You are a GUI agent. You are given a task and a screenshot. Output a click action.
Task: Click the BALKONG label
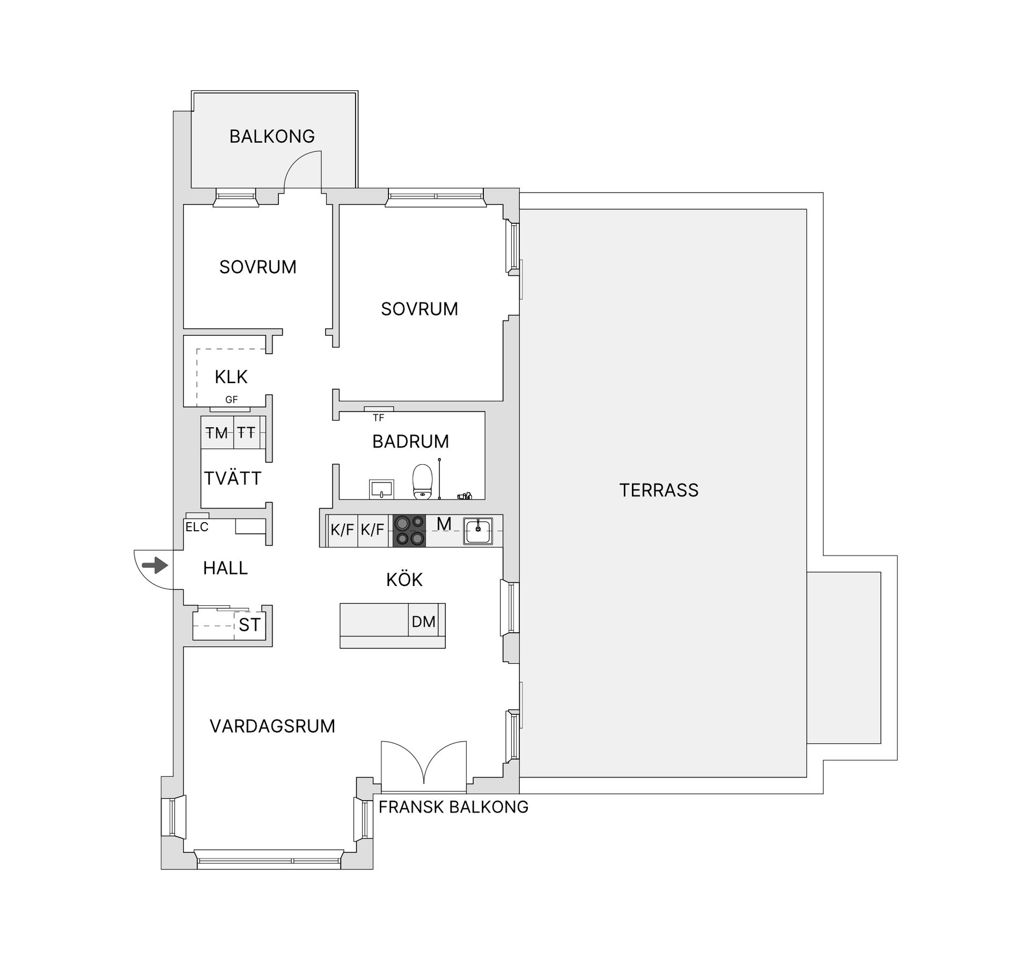(272, 136)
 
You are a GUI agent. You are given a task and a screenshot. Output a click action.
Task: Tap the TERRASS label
(659, 490)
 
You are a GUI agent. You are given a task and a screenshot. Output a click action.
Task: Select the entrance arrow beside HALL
(155, 565)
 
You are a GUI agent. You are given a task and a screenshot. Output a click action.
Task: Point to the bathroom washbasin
(381, 488)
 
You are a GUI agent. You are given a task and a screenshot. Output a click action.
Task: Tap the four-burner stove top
(409, 530)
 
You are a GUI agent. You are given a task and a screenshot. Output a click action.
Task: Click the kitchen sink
(478, 531)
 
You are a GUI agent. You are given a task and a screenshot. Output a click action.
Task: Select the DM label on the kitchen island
(423, 621)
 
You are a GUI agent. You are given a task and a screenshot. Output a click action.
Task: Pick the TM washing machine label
(217, 433)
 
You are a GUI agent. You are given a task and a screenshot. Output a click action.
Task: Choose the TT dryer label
(246, 432)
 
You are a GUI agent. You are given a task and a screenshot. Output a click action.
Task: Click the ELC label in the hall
(197, 527)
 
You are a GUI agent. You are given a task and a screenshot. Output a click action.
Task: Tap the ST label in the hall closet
(249, 625)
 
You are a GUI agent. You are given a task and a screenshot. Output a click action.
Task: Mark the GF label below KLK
(231, 399)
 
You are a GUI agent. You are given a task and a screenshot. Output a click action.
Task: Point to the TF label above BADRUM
(379, 418)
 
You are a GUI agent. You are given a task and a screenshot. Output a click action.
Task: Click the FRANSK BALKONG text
(453, 807)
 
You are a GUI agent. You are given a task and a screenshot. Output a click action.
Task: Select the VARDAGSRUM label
(272, 726)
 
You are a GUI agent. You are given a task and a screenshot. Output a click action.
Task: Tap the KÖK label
(404, 580)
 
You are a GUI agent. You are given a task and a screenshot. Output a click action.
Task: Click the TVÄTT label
(232, 478)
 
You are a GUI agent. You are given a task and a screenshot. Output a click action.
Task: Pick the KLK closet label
(231, 377)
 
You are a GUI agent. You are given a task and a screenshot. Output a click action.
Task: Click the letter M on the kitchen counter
(444, 523)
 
